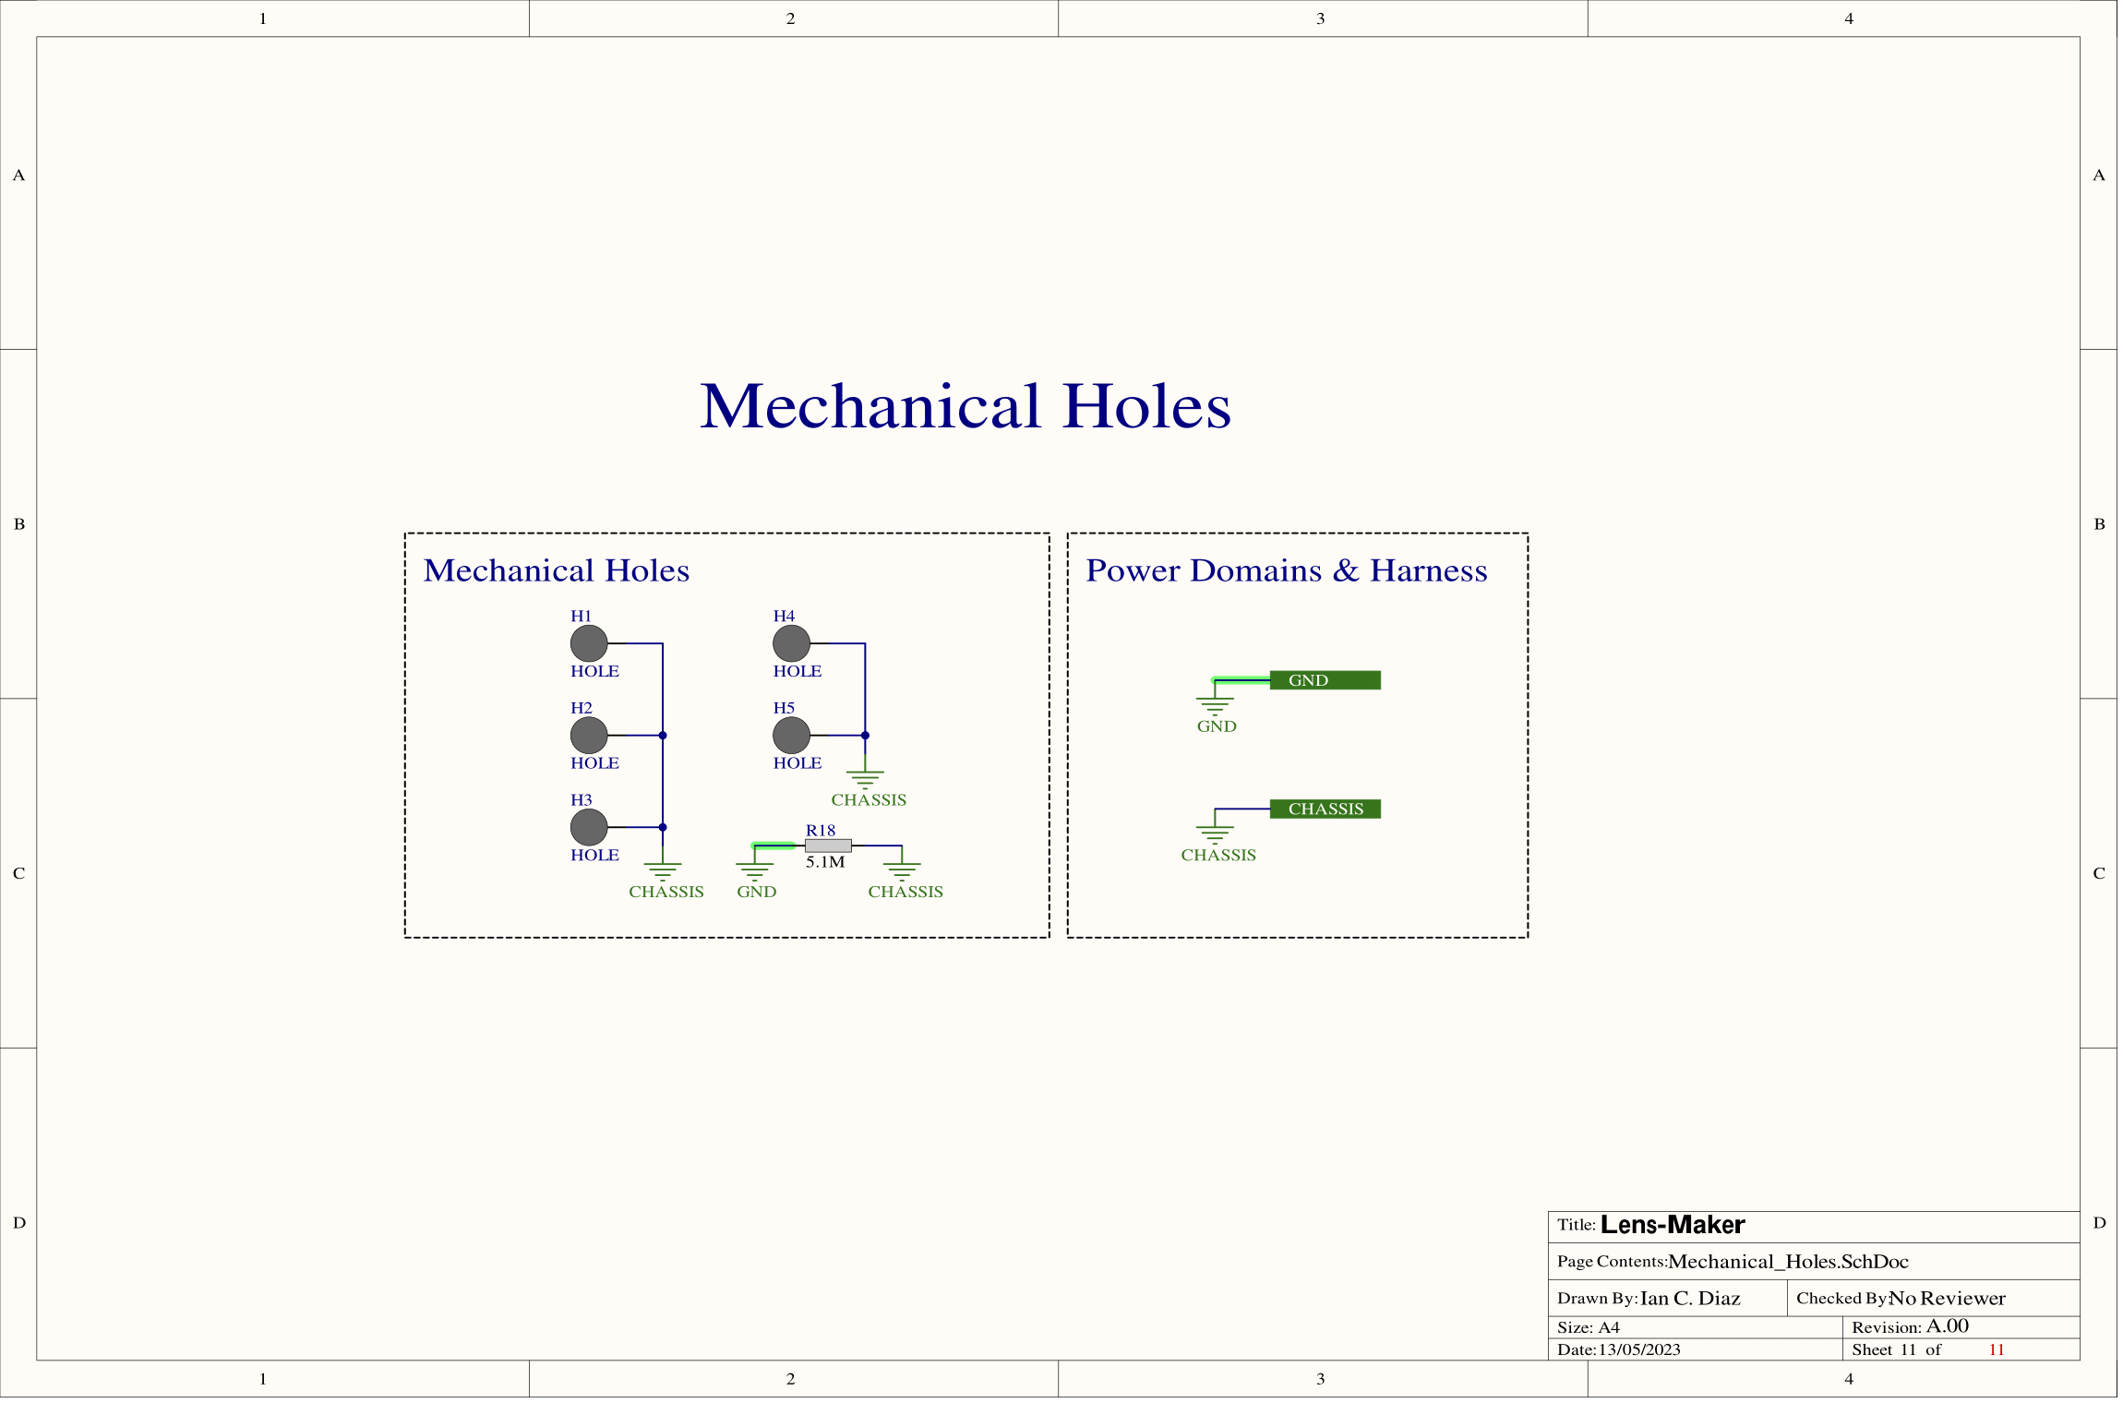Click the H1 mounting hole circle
pos(589,643)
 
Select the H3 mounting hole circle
pos(589,827)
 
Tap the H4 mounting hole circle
pos(791,643)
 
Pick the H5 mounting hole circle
pos(791,736)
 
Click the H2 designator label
pos(581,708)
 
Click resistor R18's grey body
pos(828,845)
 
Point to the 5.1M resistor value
pos(824,862)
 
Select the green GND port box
pos(1325,680)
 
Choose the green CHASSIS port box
pos(1325,809)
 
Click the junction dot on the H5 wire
pos(865,736)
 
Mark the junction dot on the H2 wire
pos(663,736)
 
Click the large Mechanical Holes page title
pos(966,406)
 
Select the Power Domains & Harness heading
pos(1286,570)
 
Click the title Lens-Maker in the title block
pos(1672,1225)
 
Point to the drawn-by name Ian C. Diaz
pos(1689,1299)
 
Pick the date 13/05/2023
pos(1639,1349)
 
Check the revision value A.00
pos(1947,1326)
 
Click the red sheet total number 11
pos(1996,1349)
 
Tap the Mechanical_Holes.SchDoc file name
pos(1788,1262)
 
